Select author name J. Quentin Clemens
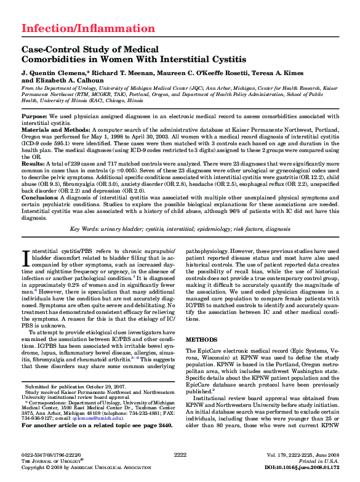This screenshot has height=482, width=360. point(49,72)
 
